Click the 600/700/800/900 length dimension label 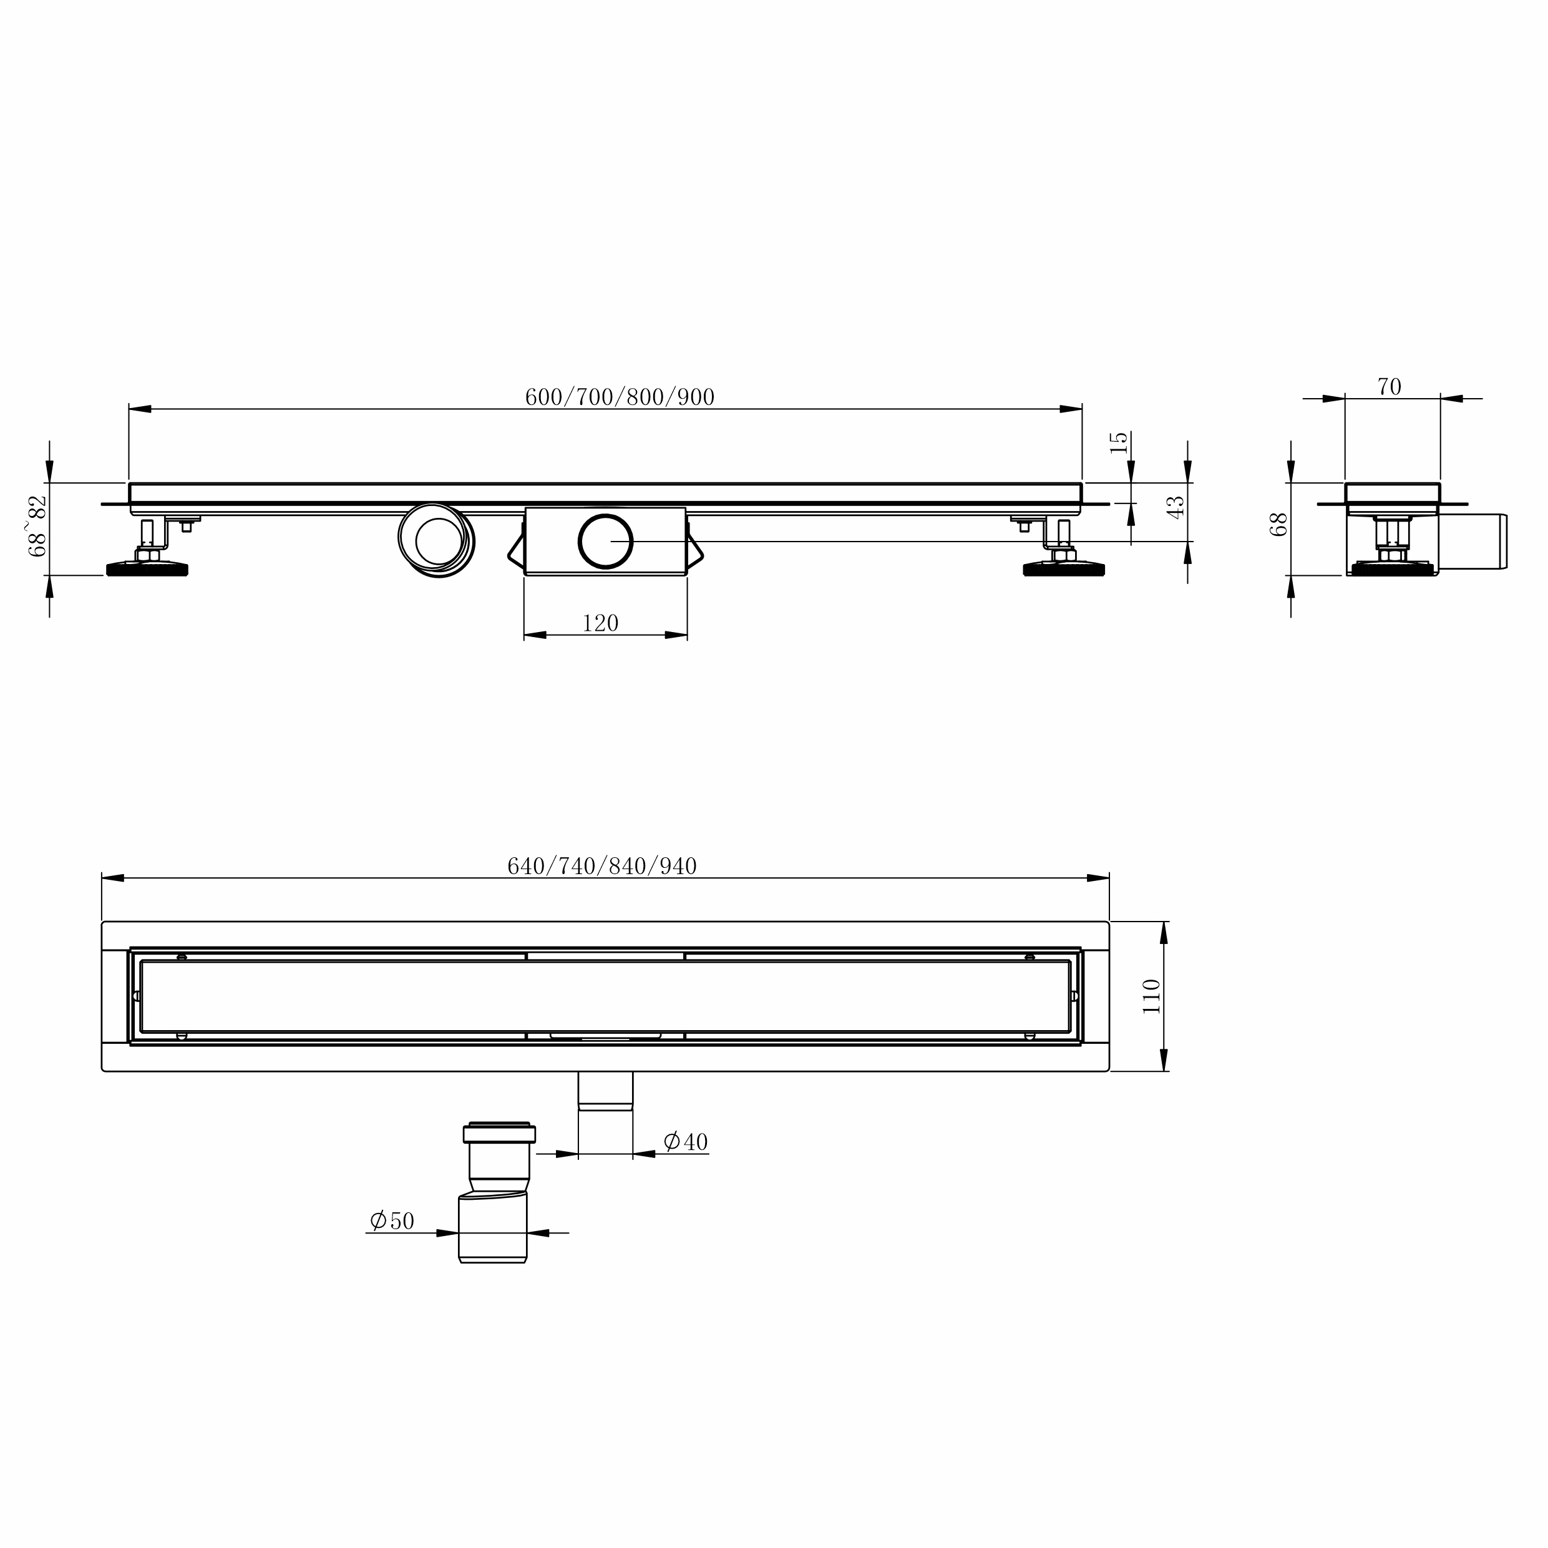[x=620, y=397]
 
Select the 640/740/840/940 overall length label [x=601, y=865]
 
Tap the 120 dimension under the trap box [x=600, y=623]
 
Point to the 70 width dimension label [x=1390, y=387]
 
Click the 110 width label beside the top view [x=1151, y=996]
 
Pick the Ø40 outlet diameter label [x=686, y=1141]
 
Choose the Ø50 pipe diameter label [x=392, y=1220]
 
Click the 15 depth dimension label [x=1119, y=442]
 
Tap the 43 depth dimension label [x=1176, y=507]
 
